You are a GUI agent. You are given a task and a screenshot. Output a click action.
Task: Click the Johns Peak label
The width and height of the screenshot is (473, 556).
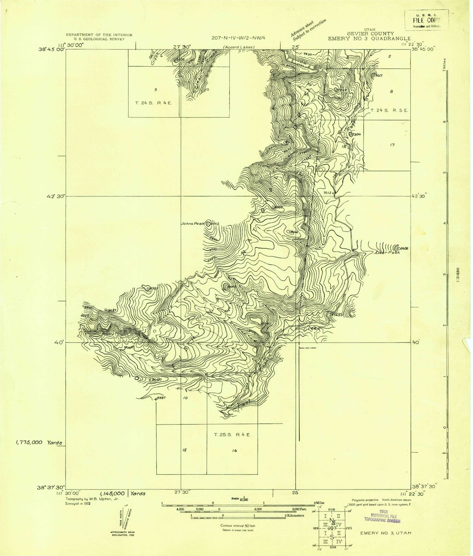pyautogui.click(x=192, y=224)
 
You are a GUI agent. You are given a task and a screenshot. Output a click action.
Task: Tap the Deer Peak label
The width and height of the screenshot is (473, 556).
pyautogui.click(x=388, y=253)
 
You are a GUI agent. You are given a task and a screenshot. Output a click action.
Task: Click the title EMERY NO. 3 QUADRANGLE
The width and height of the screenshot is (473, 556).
pyautogui.click(x=369, y=38)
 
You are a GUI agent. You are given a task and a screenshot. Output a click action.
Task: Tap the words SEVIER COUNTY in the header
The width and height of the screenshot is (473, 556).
pyautogui.click(x=371, y=33)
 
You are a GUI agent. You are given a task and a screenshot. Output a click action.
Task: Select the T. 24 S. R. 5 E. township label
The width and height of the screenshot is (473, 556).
pyautogui.click(x=389, y=110)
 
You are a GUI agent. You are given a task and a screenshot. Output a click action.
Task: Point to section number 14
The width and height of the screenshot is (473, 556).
pyautogui.click(x=234, y=451)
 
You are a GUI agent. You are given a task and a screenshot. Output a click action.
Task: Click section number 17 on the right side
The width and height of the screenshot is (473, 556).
pyautogui.click(x=392, y=145)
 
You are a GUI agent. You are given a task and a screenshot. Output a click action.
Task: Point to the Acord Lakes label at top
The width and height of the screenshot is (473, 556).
pyautogui.click(x=239, y=47)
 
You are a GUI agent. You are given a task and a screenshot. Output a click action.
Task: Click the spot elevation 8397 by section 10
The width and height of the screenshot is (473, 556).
pyautogui.click(x=161, y=398)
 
